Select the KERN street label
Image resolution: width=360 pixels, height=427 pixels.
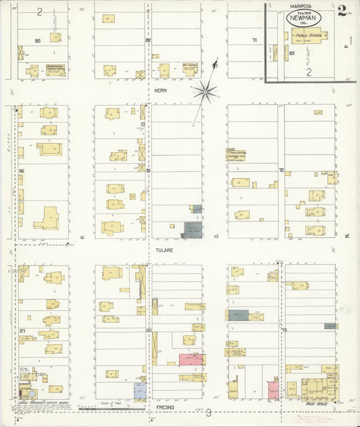tap(160, 90)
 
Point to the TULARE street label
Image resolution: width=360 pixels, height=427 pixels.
tap(165, 250)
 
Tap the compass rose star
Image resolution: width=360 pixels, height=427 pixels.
tap(203, 90)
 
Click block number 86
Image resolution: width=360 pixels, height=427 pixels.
tap(22, 171)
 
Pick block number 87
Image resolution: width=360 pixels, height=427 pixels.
tap(22, 330)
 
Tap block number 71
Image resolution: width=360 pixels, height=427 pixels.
tap(255, 41)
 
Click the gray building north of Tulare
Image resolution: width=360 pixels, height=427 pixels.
tap(193, 230)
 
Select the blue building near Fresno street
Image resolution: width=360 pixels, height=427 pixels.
tap(139, 389)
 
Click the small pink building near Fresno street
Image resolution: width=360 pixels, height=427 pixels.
tap(273, 389)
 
